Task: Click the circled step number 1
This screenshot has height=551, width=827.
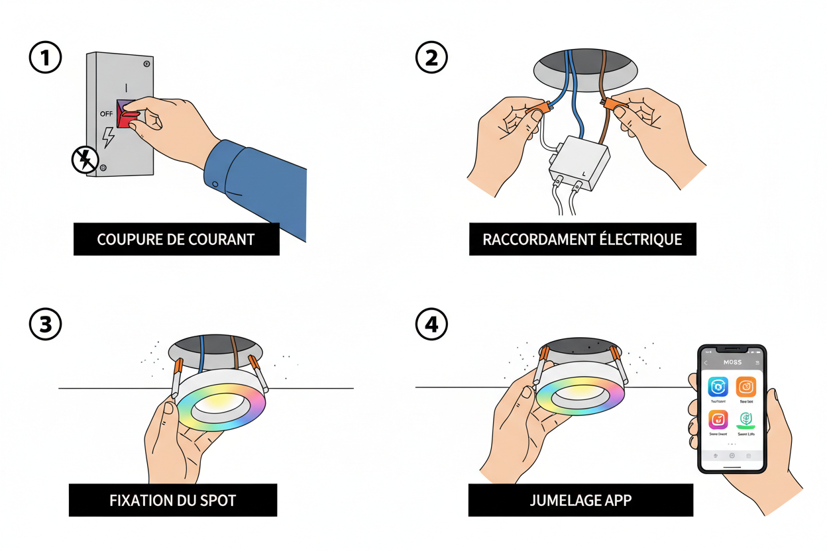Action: tap(46, 58)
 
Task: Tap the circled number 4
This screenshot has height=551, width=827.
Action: tap(431, 325)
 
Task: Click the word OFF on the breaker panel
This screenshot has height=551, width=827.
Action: tap(106, 113)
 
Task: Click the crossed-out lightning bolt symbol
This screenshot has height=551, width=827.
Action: tap(85, 160)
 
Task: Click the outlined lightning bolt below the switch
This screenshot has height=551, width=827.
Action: tap(107, 138)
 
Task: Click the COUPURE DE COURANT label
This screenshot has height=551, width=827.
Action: tap(176, 239)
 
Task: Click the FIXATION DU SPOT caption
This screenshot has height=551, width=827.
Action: tap(172, 500)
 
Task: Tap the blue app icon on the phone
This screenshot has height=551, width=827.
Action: tap(718, 387)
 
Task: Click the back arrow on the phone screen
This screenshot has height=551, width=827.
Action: tap(706, 363)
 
